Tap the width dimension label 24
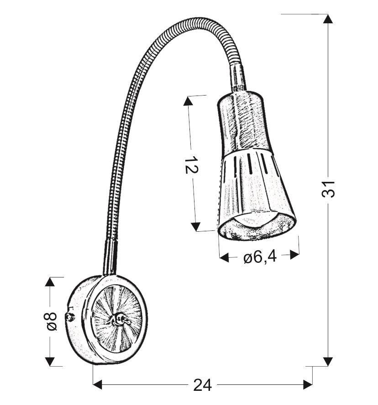tap(202, 385)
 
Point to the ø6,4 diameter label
tap(260, 258)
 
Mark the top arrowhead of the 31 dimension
tap(328, 19)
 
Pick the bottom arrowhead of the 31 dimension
tap(328, 361)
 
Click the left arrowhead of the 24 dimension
tap(99, 384)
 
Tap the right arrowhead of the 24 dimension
tap(306, 384)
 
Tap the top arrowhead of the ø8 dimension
tap(50, 282)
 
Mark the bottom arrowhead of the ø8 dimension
tap(50, 361)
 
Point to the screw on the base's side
tap(70, 316)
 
